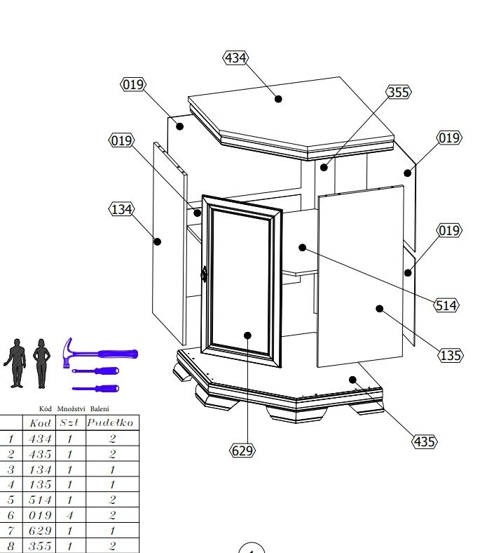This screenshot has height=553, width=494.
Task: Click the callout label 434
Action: [x=235, y=58]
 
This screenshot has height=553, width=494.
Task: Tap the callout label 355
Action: [x=399, y=92]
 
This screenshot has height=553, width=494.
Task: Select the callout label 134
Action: [x=121, y=209]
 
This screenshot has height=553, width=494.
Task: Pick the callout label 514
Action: [x=446, y=305]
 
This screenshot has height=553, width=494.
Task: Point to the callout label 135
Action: [x=451, y=355]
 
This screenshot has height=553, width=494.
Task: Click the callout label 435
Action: [x=425, y=441]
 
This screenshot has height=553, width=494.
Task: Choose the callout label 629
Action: [x=242, y=451]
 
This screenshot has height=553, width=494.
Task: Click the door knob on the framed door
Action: [x=204, y=274]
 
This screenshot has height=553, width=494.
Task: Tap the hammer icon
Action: [x=100, y=353]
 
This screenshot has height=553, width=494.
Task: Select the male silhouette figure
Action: [x=15, y=364]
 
